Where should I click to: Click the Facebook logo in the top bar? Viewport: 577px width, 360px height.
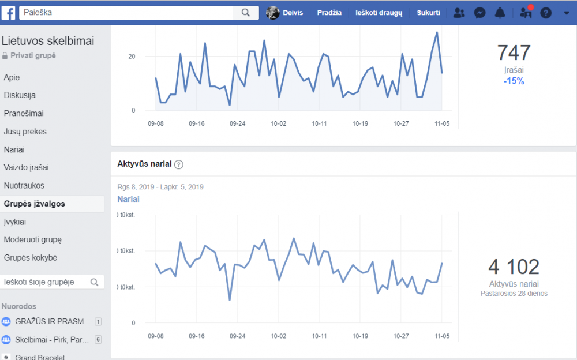pos(8,13)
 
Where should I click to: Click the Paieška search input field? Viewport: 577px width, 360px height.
pos(126,13)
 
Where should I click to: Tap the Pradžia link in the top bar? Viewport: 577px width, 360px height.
pos(329,13)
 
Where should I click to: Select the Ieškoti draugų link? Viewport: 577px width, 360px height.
pos(379,13)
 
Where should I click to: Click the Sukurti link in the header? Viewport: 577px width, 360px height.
pos(428,13)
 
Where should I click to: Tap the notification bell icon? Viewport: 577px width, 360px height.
pos(500,13)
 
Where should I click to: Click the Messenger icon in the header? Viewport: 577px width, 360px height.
pos(479,13)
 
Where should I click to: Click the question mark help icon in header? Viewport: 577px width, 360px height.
pos(546,13)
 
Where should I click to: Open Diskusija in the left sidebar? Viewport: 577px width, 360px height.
pos(20,95)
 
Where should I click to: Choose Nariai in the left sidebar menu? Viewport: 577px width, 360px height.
pos(14,150)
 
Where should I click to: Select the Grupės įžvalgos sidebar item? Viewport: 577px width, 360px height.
pos(34,204)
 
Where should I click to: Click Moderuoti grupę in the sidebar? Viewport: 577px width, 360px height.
pos(33,239)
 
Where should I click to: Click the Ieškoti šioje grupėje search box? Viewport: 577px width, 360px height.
pos(51,282)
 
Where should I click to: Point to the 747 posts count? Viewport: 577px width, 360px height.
pos(514,52)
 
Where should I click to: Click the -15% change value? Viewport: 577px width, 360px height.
pos(514,81)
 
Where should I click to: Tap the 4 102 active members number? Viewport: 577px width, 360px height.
pos(514,267)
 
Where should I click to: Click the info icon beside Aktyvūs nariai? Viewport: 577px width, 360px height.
pos(179,164)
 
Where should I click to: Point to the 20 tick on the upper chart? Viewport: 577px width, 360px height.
pos(132,57)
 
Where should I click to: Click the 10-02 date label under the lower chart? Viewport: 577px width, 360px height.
pos(278,336)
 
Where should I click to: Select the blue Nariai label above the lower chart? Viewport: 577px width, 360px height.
pos(129,199)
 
